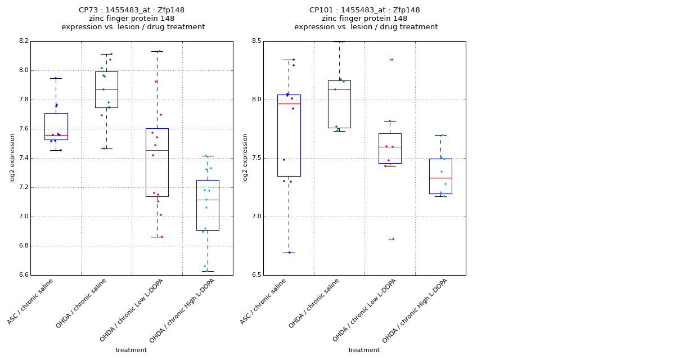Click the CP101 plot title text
(x=366, y=19)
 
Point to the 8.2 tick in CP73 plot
(x=23, y=41)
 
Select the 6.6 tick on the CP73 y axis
(x=23, y=275)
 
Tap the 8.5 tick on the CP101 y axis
(x=256, y=41)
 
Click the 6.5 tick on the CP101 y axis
(x=256, y=275)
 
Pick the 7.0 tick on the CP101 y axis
(x=256, y=217)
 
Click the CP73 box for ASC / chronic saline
(x=56, y=126)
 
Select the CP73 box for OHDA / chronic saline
(x=106, y=89)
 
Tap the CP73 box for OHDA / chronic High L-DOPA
(x=208, y=205)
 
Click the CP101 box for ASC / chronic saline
(x=289, y=135)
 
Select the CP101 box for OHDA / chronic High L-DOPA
(x=440, y=176)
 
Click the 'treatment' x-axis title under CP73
(x=131, y=350)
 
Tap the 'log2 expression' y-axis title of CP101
(x=245, y=157)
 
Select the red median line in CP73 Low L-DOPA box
(x=157, y=150)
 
